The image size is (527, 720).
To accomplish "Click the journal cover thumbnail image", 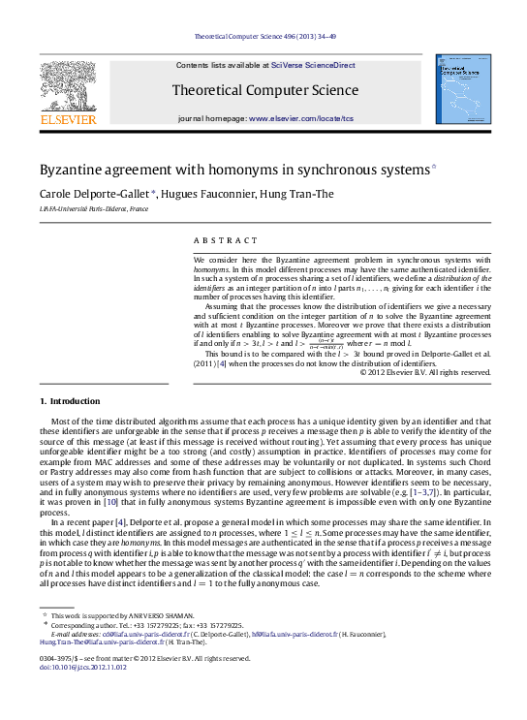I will point(459,94).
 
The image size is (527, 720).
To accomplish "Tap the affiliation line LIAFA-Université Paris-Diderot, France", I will point(94,208).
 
